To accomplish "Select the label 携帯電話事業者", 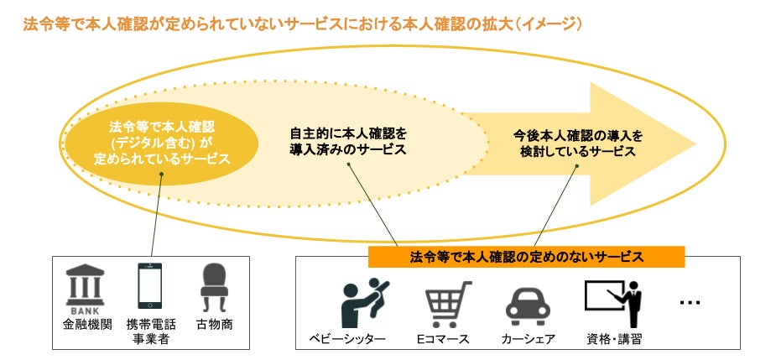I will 151,331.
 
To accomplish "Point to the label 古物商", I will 214,324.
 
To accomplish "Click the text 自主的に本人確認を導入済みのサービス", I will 348,141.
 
